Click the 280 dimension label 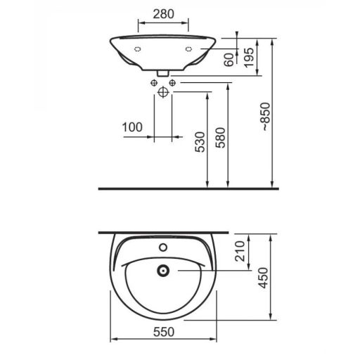coord(164,14)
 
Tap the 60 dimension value coord(229,60)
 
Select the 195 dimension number coord(249,58)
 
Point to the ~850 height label coord(266,117)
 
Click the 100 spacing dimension coord(132,127)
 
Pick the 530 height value coord(200,142)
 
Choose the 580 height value coord(221,138)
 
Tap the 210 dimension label coord(240,251)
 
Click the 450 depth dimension coord(263,278)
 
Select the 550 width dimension coord(164,332)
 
